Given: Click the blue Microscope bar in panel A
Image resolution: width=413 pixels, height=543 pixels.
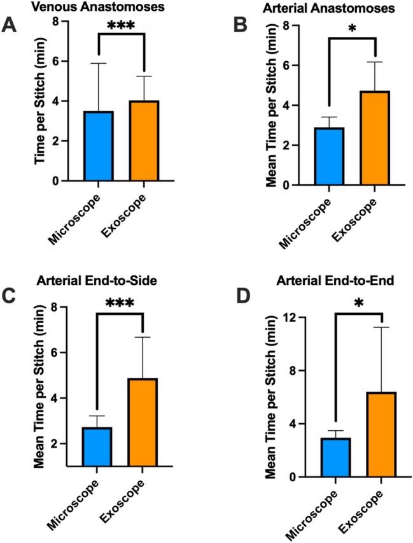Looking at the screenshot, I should tap(98, 146).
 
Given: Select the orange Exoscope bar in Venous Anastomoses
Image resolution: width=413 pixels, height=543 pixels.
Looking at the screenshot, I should tap(144, 141).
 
